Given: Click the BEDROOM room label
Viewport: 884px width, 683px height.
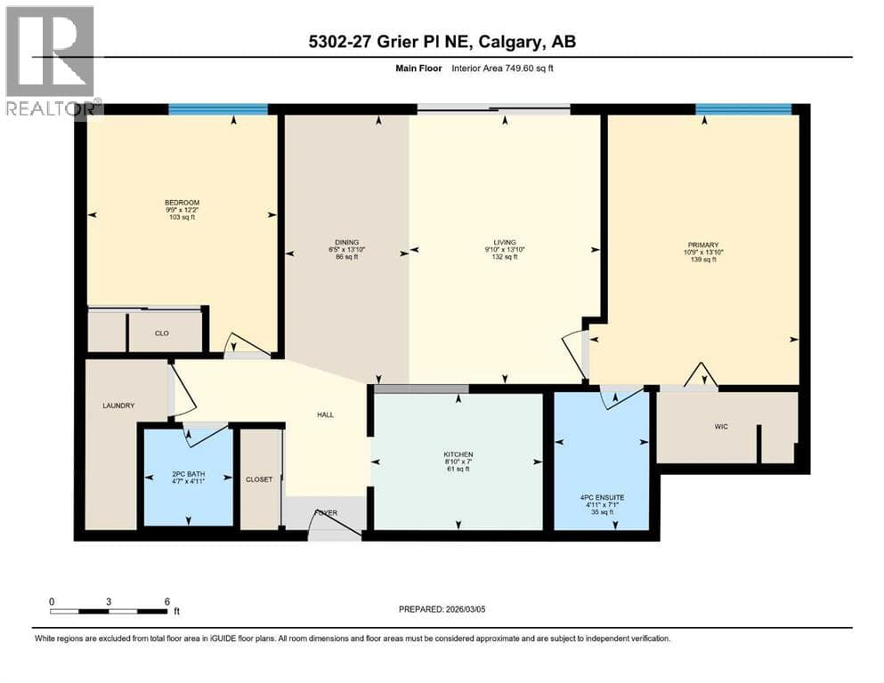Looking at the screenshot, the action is [182, 203].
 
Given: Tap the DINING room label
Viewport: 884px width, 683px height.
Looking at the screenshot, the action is [346, 243].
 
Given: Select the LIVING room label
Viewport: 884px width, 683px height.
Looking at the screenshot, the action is [505, 243].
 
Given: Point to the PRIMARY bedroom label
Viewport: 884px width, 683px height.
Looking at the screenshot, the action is [703, 245].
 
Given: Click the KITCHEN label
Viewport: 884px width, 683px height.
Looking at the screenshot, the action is [458, 454].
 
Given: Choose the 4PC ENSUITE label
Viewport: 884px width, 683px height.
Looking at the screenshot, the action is [602, 498].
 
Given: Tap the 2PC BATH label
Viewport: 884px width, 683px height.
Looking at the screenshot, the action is [189, 474].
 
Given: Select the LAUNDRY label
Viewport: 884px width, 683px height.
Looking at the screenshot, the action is [118, 406].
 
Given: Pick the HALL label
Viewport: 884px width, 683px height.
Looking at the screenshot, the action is [325, 415].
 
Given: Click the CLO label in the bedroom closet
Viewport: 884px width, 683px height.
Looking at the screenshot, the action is [162, 333].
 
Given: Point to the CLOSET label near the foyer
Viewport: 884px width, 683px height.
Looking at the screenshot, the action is [259, 479].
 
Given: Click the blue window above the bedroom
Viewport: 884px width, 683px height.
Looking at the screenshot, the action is [218, 109].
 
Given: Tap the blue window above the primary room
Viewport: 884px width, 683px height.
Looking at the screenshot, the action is [743, 109].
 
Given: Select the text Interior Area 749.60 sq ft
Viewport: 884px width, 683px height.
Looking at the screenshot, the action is [502, 68].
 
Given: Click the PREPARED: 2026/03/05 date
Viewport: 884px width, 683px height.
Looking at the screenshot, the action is [442, 609].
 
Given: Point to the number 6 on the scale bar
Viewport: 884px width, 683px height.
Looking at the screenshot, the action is [166, 601].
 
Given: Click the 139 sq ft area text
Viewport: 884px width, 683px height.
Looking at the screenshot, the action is [703, 261].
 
